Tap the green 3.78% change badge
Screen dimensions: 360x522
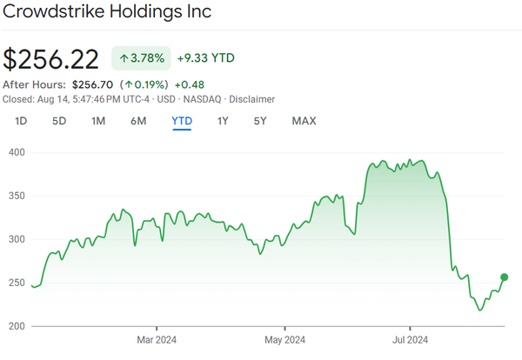point(140,58)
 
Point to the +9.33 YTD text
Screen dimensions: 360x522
point(205,58)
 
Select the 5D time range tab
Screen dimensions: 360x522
point(59,121)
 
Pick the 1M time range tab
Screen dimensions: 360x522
point(98,121)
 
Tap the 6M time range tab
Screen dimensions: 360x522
point(138,121)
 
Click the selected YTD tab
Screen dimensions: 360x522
point(182,121)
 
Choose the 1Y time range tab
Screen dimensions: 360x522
point(223,121)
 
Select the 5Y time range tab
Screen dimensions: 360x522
point(260,121)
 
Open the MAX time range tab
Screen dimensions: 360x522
point(304,121)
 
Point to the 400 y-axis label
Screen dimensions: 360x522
point(16,152)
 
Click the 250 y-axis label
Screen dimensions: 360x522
point(16,283)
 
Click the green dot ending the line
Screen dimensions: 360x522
point(504,277)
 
